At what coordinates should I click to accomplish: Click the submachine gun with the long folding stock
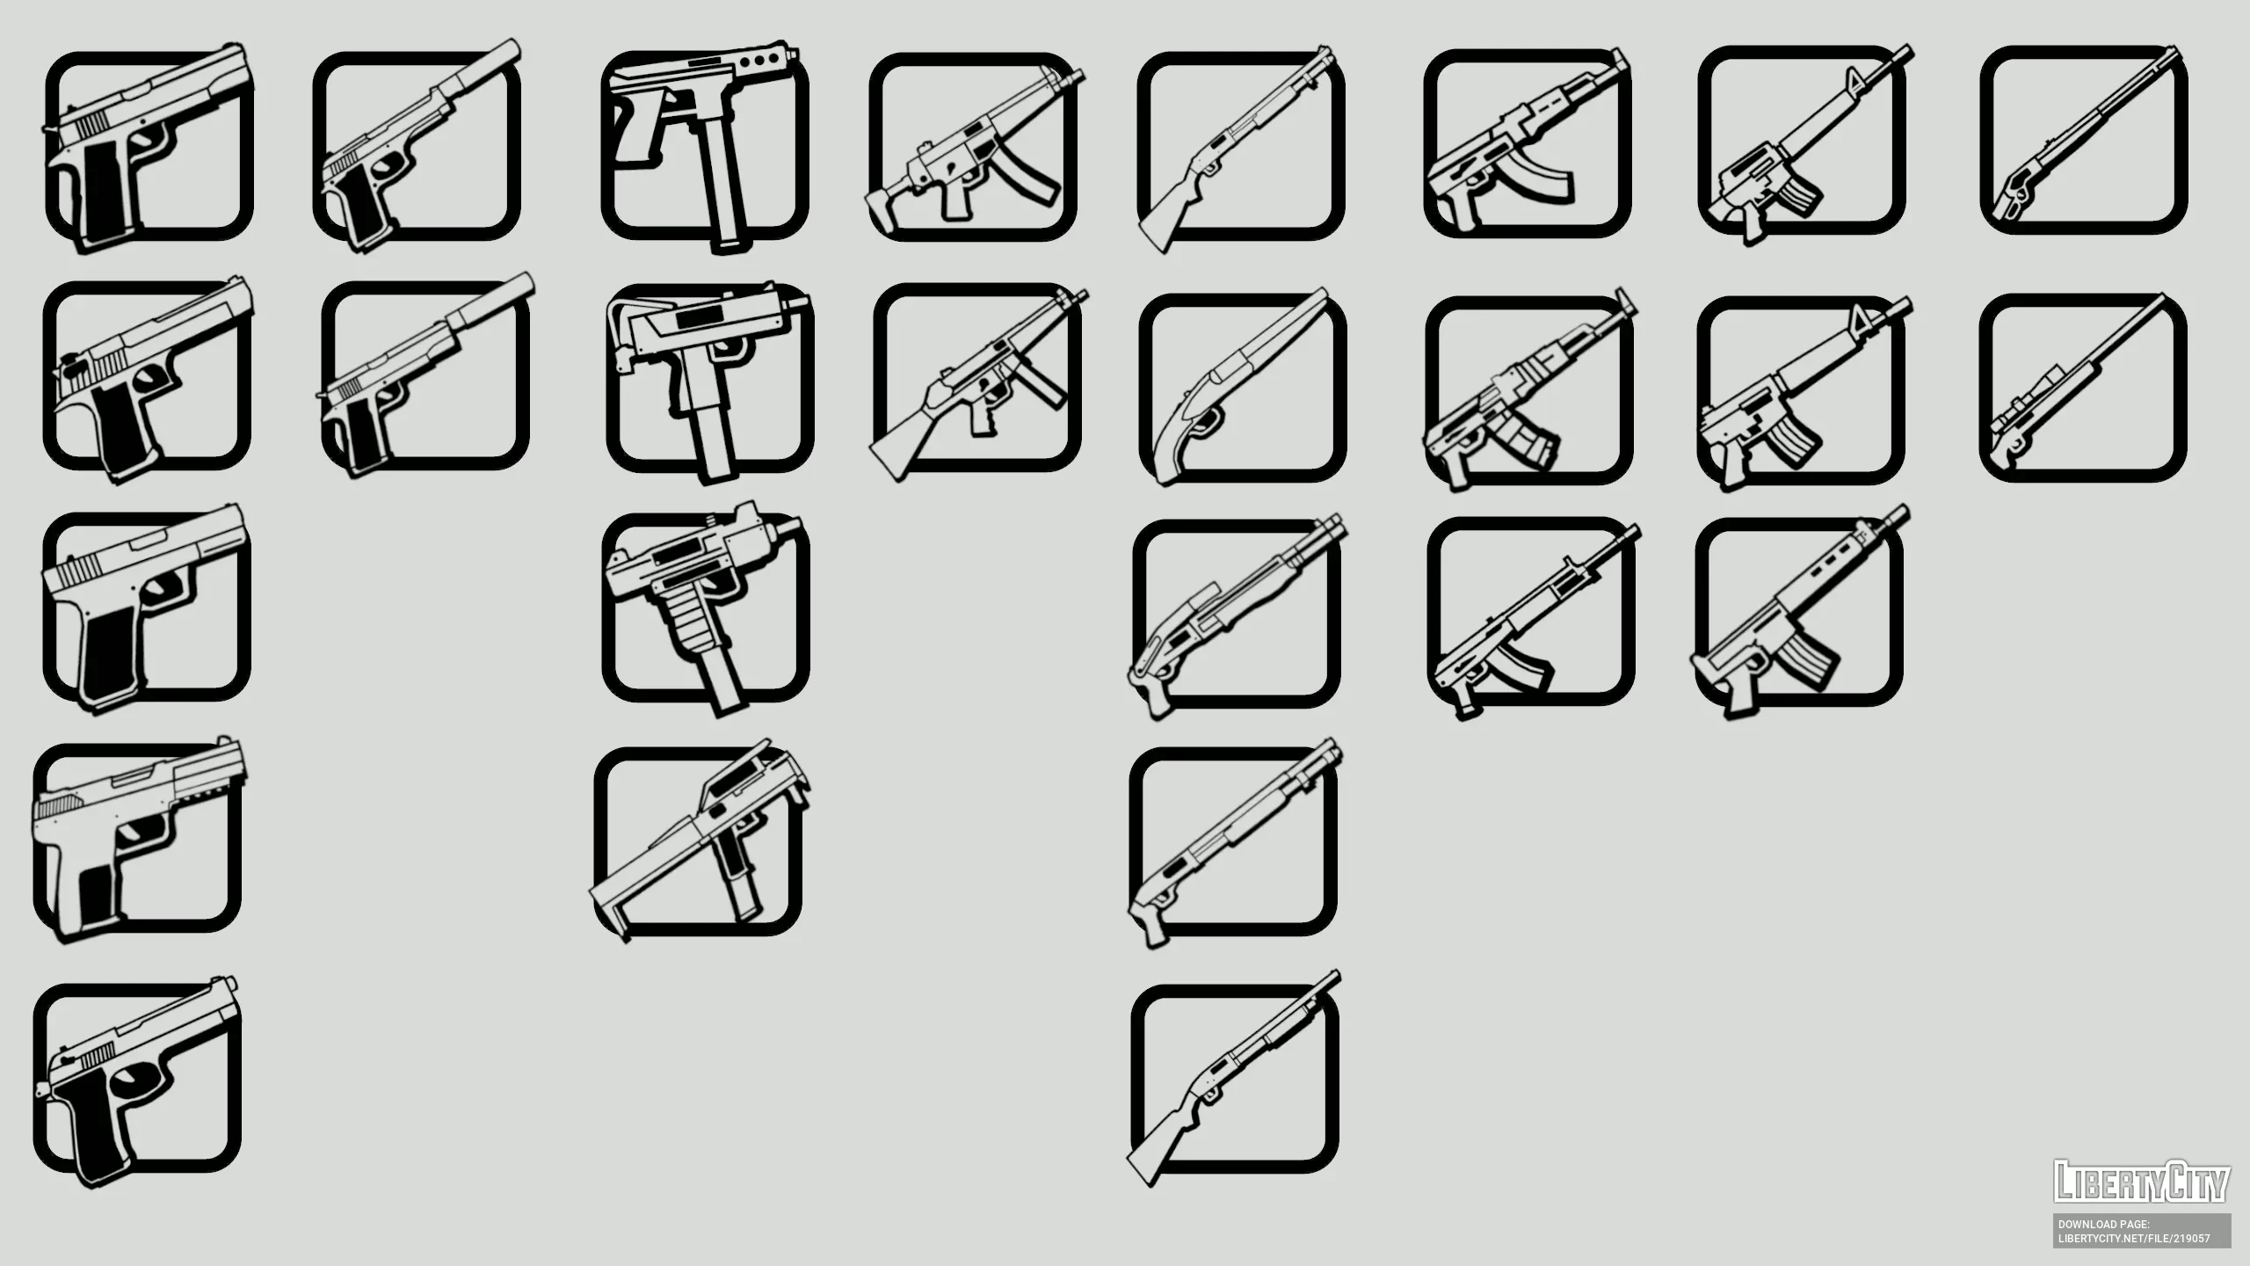[x=700, y=840]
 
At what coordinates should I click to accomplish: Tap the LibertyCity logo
[x=2142, y=1181]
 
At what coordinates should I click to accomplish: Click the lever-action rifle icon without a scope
[x=2083, y=141]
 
